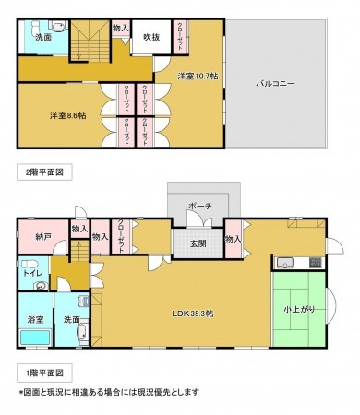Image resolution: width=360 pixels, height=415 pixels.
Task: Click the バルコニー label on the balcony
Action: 275,84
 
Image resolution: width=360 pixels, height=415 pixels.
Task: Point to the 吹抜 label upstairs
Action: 151,38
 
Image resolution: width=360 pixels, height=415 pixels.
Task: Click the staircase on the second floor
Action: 90,41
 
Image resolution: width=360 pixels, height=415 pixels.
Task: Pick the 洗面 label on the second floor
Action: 43,38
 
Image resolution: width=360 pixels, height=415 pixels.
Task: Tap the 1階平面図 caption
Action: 38,373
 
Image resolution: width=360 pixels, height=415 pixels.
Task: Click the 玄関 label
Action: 198,243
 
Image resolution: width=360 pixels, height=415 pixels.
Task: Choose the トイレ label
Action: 30,272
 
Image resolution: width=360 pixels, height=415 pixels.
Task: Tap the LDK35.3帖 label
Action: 191,314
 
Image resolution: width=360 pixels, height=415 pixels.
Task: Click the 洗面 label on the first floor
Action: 70,319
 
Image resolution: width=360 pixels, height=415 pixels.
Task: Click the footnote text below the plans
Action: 108,392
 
